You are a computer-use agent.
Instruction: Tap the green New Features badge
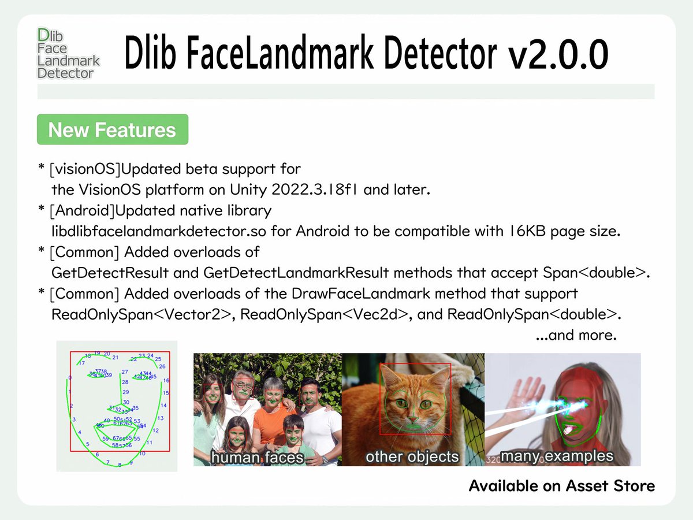click(x=112, y=129)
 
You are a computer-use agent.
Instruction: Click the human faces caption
click(x=257, y=458)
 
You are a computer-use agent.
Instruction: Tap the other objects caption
click(x=412, y=457)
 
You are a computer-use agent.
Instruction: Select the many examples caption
click(x=556, y=456)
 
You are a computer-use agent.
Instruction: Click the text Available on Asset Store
click(x=561, y=486)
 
